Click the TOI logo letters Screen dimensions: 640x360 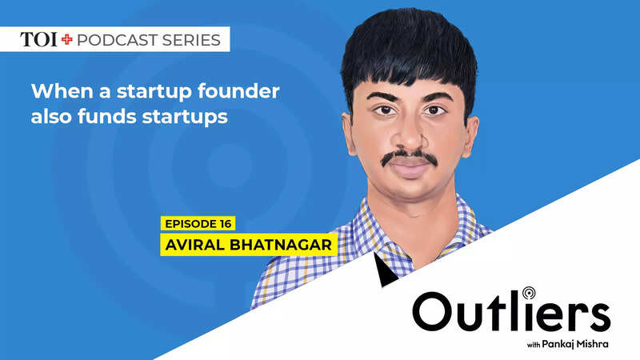[38, 39]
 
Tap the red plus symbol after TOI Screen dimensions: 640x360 [67, 39]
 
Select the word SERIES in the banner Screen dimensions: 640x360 [191, 40]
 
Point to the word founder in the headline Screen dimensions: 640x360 [238, 90]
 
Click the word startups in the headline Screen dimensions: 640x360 [185, 117]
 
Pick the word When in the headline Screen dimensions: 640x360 [62, 90]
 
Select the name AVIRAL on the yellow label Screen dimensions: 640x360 [194, 245]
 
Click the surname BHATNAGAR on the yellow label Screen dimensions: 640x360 [281, 245]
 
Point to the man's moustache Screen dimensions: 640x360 [410, 157]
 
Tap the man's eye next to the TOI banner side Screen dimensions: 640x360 [384, 110]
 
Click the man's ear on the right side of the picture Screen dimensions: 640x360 [470, 137]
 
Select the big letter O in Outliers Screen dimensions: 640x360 [432, 311]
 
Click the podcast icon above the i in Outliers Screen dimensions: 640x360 [529, 293]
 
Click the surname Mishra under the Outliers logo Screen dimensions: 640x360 [593, 344]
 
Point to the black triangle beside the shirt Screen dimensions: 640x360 [383, 271]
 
